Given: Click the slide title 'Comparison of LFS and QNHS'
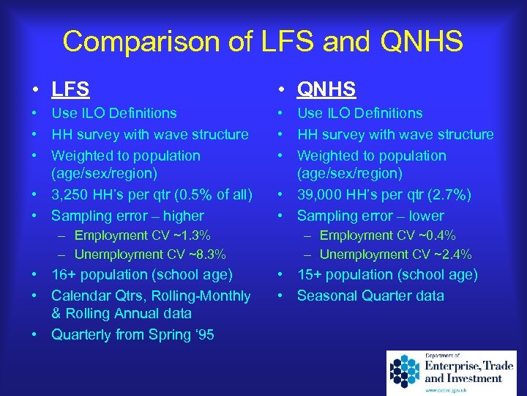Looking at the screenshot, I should [x=263, y=42].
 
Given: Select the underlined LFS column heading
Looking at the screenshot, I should [x=70, y=89].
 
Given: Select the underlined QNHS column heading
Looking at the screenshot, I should [x=326, y=89].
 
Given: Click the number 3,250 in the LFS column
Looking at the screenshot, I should [x=72, y=194].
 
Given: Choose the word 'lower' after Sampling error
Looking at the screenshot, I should [x=423, y=216].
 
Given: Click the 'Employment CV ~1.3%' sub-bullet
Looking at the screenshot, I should [x=142, y=235].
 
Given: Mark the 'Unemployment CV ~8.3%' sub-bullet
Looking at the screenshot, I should [x=149, y=254].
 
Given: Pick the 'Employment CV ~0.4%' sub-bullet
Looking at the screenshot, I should [x=387, y=235].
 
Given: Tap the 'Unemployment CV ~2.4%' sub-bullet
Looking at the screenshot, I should [x=395, y=254].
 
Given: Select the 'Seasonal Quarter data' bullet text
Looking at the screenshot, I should [x=370, y=296].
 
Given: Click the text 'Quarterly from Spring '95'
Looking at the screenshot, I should [x=132, y=335].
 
